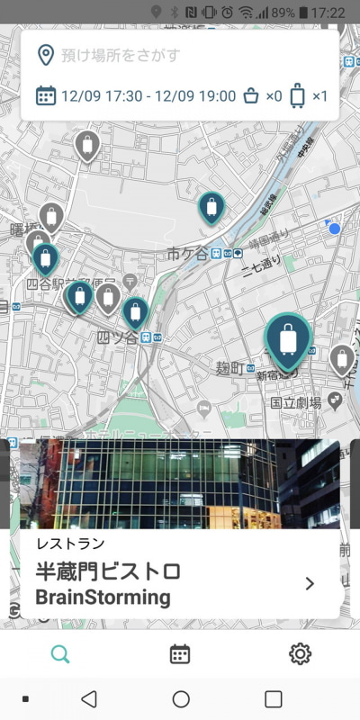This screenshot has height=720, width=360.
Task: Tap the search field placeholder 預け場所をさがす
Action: pos(121,56)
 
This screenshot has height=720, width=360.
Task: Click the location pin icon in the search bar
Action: pos(45,56)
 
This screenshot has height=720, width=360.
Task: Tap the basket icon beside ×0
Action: pos(253,96)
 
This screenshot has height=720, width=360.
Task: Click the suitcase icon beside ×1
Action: pos(297,95)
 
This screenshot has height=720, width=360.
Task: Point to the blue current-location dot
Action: pos(335,229)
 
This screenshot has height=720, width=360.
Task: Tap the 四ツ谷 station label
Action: pos(117,337)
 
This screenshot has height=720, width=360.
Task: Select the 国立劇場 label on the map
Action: pos(296,403)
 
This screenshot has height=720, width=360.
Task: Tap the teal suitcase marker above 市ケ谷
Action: pos(211,209)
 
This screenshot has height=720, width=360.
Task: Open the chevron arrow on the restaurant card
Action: pos(310,583)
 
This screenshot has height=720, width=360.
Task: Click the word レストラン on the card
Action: pos(70,544)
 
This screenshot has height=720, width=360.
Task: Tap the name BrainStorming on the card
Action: pos(102,597)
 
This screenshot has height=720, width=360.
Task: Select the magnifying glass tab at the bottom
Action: pos(60,654)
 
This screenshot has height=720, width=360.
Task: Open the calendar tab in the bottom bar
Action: pos(180,654)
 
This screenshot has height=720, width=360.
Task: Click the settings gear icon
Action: pos(300,654)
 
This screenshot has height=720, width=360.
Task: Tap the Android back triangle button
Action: pos(88,699)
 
